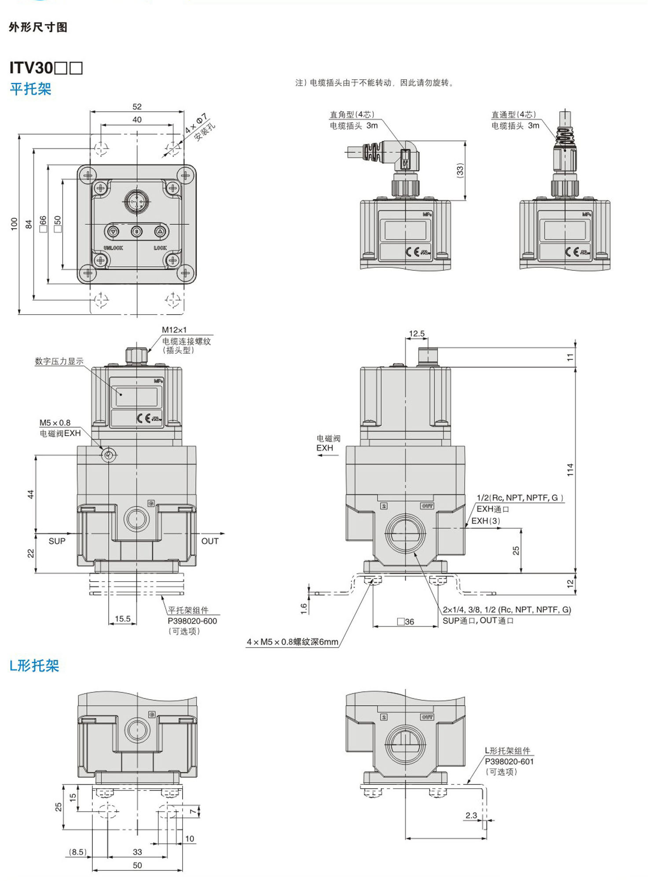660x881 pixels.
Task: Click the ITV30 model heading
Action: (x=46, y=68)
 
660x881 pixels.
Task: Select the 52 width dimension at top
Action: (x=137, y=106)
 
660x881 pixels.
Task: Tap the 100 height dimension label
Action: (x=14, y=224)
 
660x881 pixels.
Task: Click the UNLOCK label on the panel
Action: (x=113, y=248)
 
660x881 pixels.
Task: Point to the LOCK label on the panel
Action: (x=160, y=248)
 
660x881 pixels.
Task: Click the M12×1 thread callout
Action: (x=174, y=330)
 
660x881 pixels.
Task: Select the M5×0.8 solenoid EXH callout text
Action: (x=55, y=423)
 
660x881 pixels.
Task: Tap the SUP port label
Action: (x=57, y=541)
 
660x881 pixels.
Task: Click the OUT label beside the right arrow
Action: (x=210, y=541)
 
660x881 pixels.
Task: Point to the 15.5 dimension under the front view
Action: (x=123, y=619)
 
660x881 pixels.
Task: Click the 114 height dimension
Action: (x=570, y=470)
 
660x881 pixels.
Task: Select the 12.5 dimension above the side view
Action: (x=417, y=334)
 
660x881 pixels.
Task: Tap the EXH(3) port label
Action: (x=486, y=521)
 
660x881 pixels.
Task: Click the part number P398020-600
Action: (x=192, y=621)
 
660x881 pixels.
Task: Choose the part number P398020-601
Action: (x=509, y=761)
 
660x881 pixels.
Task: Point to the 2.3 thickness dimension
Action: (x=471, y=815)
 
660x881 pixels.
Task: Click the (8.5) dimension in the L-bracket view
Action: (x=77, y=852)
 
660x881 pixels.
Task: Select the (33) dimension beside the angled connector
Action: (x=460, y=170)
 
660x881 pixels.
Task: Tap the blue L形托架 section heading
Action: (x=34, y=666)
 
